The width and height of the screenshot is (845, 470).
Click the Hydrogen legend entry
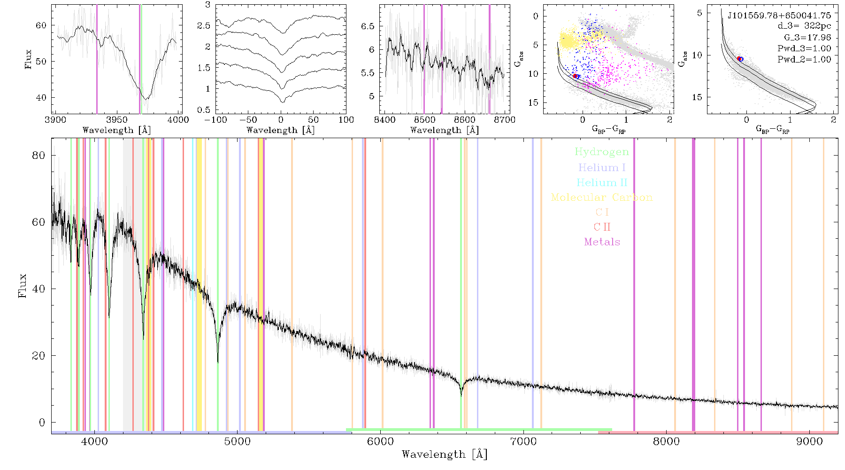[601, 152]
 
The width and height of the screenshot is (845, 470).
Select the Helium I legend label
[602, 167]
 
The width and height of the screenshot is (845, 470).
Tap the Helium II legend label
[602, 182]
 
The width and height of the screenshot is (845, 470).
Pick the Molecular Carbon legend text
[602, 197]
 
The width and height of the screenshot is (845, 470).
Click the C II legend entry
[602, 227]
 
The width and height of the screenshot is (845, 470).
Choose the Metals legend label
[602, 242]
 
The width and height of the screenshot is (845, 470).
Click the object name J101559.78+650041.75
[779, 16]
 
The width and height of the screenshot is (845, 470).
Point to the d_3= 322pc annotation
[804, 26]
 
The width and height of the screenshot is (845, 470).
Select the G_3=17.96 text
[807, 38]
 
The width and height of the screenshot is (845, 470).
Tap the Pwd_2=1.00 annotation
[804, 59]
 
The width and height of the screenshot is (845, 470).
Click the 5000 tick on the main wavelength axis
[238, 441]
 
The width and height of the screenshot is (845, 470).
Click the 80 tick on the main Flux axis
[38, 155]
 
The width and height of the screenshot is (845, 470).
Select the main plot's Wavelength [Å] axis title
[445, 454]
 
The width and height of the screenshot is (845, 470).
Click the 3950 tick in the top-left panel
[117, 119]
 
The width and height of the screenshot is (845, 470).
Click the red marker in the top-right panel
[739, 59]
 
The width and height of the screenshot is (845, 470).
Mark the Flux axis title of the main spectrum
[22, 286]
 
